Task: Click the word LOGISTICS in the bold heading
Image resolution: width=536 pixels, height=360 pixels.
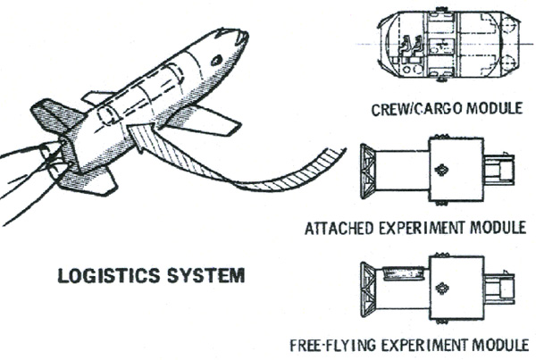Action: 109,276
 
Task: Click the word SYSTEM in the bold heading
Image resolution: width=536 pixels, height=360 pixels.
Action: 206,275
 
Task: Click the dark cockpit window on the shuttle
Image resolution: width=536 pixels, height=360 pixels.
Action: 217,60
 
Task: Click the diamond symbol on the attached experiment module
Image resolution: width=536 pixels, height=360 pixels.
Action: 441,170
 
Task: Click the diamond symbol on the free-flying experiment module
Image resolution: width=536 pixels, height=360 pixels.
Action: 441,289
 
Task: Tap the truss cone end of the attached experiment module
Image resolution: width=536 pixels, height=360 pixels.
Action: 368,172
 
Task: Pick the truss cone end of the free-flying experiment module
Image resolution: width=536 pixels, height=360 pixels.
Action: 368,290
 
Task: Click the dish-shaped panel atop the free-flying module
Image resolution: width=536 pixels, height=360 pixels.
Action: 405,273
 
